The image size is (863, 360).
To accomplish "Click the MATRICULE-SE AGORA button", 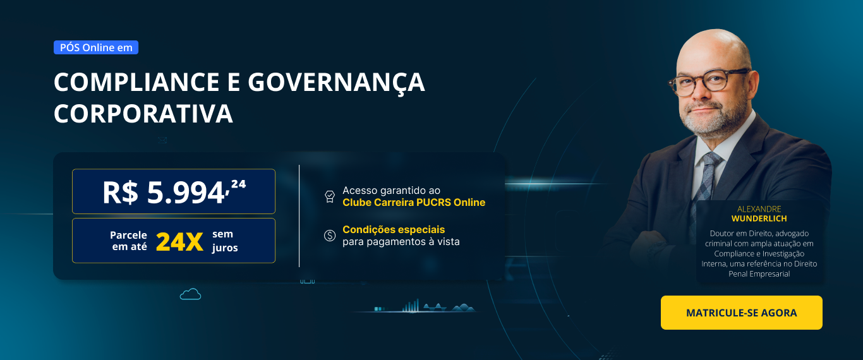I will point(741,313).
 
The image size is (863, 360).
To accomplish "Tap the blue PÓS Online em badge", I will point(96,47).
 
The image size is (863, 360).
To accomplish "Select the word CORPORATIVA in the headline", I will point(143,114).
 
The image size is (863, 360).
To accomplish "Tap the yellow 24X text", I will point(179,241).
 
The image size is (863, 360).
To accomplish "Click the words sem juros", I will point(225,241).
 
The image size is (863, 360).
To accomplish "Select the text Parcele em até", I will point(129,241).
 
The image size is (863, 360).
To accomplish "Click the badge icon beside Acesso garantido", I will point(329,196).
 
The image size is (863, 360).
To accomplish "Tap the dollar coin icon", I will point(329,236).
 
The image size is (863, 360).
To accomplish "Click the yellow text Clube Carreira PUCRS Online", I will point(414,203).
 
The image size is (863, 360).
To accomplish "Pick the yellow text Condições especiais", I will point(394,229).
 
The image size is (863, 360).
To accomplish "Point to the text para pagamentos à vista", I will point(401,242).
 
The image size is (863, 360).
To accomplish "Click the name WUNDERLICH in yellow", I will point(759,219).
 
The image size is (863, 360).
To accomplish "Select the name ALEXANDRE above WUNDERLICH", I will point(759,209).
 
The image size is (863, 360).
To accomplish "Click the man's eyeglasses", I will point(709,81).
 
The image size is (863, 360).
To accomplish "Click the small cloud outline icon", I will point(190,294).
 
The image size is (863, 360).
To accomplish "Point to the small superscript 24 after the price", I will point(238,184).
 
